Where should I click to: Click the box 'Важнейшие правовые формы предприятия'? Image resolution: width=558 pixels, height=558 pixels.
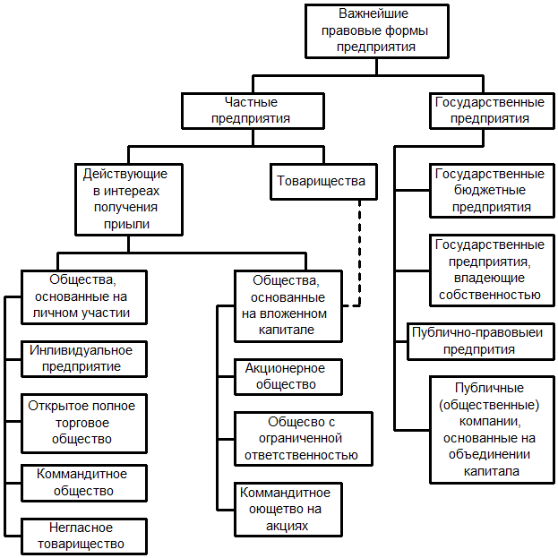(x=376, y=31)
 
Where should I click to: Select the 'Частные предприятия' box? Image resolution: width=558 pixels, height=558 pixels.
(x=250, y=111)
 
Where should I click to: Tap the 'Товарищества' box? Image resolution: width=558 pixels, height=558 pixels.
(x=322, y=182)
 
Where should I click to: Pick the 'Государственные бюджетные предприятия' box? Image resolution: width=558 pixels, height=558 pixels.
(x=489, y=190)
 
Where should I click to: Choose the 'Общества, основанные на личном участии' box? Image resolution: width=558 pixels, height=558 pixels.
(x=83, y=296)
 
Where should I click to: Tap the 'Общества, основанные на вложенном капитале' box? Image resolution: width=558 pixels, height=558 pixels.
(x=284, y=305)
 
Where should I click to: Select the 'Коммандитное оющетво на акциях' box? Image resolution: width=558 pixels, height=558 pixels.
(x=285, y=509)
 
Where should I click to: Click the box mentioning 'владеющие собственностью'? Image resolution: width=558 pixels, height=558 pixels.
(x=489, y=270)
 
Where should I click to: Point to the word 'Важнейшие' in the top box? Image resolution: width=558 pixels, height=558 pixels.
(x=376, y=15)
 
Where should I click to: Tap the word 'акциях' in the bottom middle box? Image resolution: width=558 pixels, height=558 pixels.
(x=285, y=525)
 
